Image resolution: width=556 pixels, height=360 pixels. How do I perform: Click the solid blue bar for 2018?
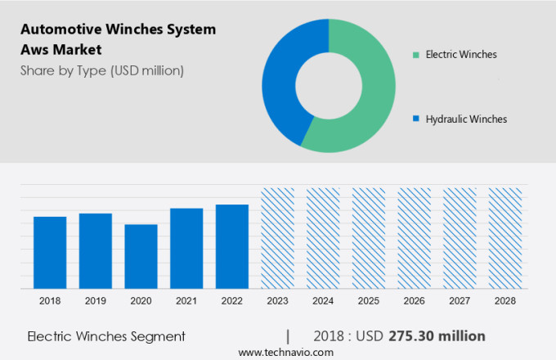[x=50, y=252]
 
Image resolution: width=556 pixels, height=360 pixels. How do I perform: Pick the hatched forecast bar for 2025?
[x=369, y=238]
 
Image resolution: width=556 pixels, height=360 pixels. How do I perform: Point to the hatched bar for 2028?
[x=504, y=238]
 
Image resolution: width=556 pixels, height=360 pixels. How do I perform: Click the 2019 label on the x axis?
[x=96, y=301]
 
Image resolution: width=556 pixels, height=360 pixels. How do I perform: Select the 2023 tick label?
[x=277, y=301]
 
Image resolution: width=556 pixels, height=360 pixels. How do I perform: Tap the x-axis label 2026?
[x=414, y=301]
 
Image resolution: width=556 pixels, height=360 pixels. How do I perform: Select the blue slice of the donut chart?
[x=282, y=82]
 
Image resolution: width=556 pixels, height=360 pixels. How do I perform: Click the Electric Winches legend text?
[x=460, y=55]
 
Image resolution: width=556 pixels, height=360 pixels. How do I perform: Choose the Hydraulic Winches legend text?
[x=465, y=119]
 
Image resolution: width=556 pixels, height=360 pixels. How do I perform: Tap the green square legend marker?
[x=416, y=55]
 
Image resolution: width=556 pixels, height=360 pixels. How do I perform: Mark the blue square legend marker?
[x=416, y=119]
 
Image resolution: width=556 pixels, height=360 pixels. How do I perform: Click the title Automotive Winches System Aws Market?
[x=118, y=39]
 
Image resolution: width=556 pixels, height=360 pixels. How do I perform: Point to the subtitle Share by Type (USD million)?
[x=102, y=70]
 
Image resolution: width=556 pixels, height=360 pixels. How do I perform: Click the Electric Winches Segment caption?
[x=106, y=336]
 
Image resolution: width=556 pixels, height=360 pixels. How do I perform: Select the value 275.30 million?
[x=437, y=336]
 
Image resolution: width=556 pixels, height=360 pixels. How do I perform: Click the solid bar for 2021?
[x=186, y=248]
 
